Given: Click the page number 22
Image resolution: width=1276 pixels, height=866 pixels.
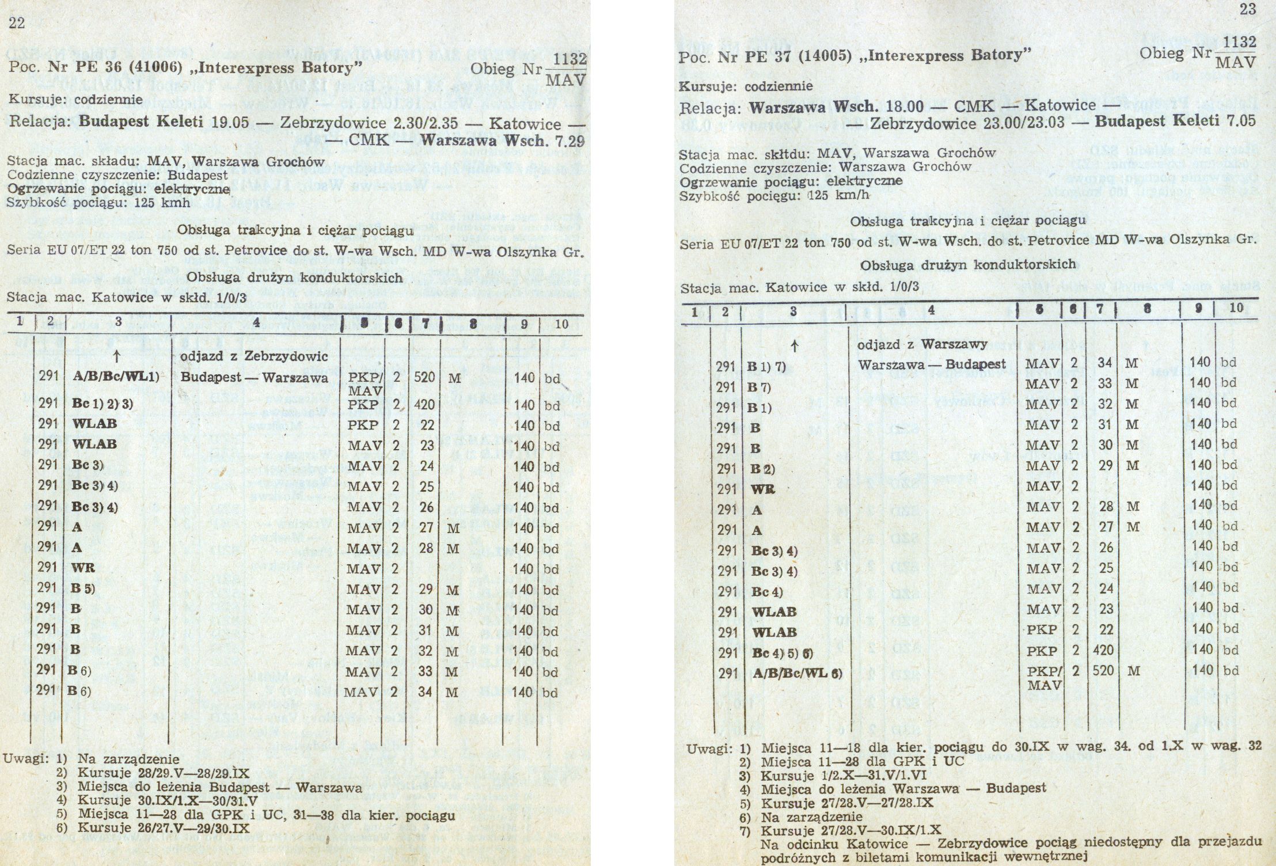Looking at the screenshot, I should point(16,22).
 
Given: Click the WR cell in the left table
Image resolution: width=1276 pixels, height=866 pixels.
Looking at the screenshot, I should point(83,569).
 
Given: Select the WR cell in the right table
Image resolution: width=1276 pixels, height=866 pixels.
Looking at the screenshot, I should point(763,489).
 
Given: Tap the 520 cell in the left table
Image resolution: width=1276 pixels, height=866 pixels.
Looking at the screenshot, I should point(425,378).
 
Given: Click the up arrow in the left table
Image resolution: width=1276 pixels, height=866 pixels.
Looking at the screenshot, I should point(116,357).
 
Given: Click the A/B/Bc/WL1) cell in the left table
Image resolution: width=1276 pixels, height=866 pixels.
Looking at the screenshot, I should point(115,378).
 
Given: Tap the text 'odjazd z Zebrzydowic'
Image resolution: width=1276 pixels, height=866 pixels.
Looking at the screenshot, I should point(254,356).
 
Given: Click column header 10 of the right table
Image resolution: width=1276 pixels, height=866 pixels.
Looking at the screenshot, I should point(1236,308).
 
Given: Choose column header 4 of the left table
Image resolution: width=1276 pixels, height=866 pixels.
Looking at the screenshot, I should point(256,324).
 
